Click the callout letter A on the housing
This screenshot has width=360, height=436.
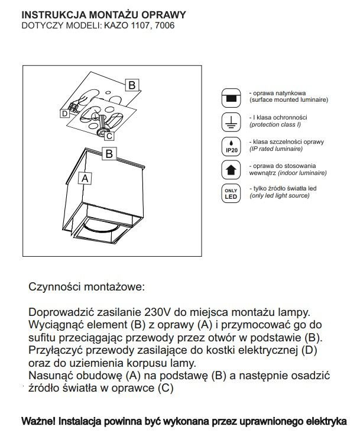86,177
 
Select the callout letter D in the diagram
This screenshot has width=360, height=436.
64,112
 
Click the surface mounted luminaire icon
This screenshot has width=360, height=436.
232,96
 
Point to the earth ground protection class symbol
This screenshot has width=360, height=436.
232,122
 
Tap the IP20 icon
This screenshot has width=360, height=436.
232,146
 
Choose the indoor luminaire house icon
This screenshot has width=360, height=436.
232,170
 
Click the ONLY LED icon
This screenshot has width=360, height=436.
232,193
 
